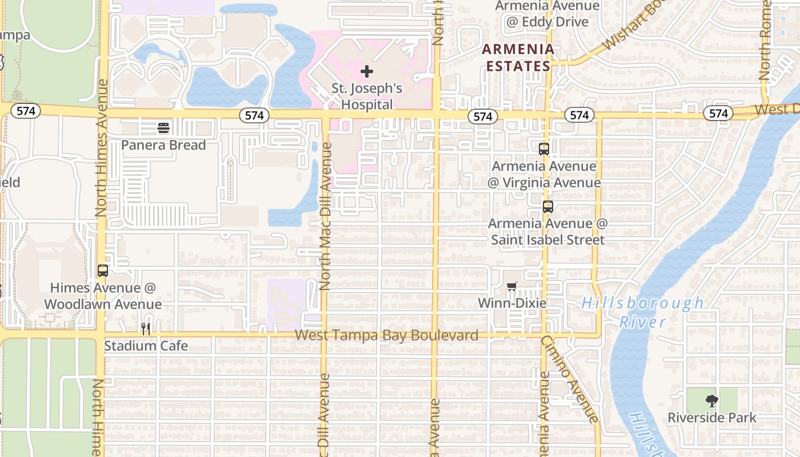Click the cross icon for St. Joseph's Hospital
pos(367,71)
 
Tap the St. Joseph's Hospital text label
pos(367,97)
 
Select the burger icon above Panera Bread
pos(163,127)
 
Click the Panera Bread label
pos(163,145)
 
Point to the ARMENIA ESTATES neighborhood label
pos(518,58)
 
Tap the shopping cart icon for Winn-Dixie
pos(511,286)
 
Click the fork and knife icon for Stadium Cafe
pos(146,328)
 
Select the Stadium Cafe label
pos(146,346)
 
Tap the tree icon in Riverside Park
pos(711,401)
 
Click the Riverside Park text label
pos(711,418)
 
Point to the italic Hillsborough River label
pos(643,312)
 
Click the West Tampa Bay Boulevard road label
pos(386,335)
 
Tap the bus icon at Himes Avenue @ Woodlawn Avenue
pos(103,271)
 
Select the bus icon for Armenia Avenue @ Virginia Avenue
pos(544,149)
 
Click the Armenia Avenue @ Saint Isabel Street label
pos(547,231)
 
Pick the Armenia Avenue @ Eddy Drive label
pos(547,14)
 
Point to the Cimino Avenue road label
pos(570,379)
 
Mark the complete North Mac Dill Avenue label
pos(325,216)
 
